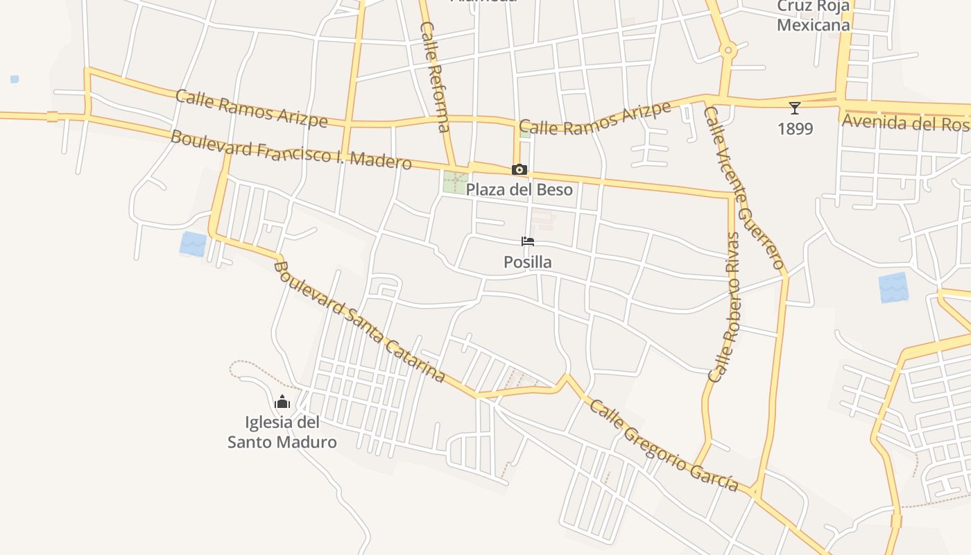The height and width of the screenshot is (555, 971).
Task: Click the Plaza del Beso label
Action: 519,189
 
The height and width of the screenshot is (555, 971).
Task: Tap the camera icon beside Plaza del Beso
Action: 519,169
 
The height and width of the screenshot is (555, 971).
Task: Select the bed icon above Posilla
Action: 528,241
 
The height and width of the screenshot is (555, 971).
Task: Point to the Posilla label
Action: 528,262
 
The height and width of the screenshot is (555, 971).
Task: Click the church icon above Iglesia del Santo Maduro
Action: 282,402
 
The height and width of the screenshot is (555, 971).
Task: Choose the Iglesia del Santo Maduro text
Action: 282,432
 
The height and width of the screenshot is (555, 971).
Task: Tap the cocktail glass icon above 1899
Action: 795,108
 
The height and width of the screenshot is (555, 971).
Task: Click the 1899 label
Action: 795,129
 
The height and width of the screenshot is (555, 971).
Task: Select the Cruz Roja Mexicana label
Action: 813,16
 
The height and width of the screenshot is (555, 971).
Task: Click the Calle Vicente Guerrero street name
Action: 745,187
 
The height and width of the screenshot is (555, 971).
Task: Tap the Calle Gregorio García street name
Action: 663,445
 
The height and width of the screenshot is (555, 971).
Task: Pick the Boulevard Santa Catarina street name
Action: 359,322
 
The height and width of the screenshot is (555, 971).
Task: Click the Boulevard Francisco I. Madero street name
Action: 291,149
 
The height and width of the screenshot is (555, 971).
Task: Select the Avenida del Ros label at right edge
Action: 904,122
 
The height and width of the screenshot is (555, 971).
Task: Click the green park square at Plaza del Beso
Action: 455,182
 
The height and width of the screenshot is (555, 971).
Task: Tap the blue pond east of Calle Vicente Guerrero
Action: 893,287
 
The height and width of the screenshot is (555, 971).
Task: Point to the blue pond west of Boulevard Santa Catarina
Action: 194,244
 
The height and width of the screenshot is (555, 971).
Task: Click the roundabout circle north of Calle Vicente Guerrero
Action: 728,50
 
